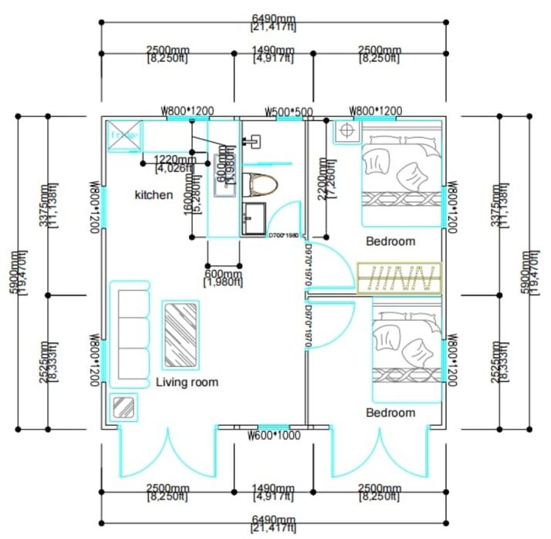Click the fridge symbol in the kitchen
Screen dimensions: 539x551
(124, 136)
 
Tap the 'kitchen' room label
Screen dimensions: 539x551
(154, 195)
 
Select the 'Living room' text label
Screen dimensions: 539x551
(187, 382)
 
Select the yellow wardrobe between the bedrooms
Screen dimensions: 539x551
(400, 278)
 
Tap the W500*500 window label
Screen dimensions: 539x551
(289, 112)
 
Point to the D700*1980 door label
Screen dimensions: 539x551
(283, 235)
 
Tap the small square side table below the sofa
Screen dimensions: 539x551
(124, 406)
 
